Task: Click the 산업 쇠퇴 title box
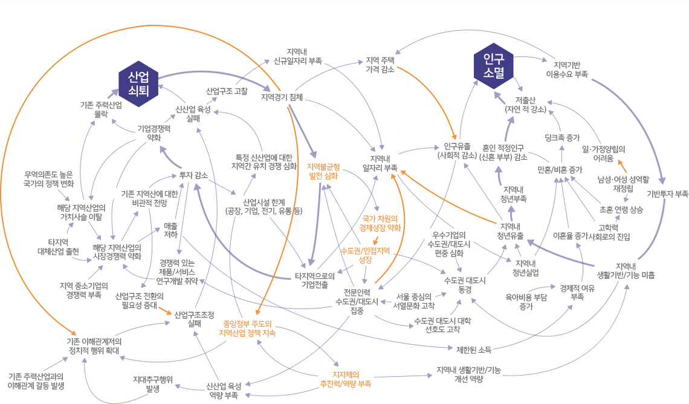(x=138, y=83)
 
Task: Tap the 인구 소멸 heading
(x=494, y=65)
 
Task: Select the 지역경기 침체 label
(x=282, y=97)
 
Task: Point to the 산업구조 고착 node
(x=227, y=91)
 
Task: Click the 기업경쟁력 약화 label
(x=154, y=132)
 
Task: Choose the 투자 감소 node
(x=193, y=175)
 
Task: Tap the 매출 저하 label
(x=170, y=230)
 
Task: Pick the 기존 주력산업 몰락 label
(x=101, y=109)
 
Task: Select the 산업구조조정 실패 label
(x=194, y=319)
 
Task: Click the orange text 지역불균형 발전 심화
(x=323, y=171)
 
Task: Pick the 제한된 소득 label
(x=474, y=349)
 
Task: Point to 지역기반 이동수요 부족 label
(x=566, y=69)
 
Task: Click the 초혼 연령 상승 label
(x=621, y=210)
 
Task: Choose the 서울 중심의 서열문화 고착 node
(x=413, y=301)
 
